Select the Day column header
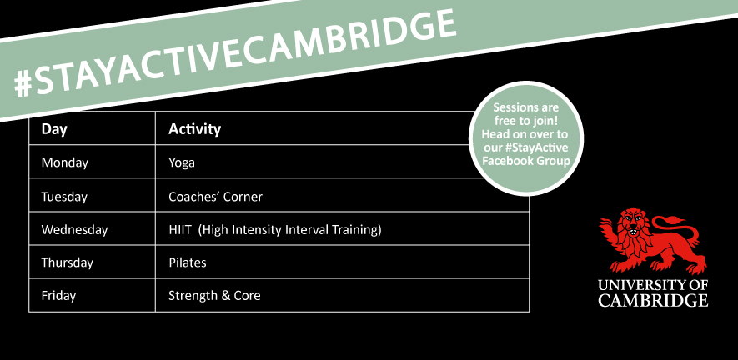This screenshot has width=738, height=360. click(54, 129)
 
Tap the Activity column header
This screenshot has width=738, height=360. click(194, 129)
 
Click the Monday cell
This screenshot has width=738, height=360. click(64, 162)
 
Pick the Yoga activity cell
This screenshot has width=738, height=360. click(182, 163)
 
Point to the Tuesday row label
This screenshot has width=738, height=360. click(64, 196)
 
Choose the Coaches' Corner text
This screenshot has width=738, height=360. click(216, 196)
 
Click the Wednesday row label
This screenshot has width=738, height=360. click(74, 230)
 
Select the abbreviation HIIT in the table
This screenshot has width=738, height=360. click(178, 230)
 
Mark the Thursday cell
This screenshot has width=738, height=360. click(68, 262)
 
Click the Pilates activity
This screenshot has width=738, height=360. click(188, 262)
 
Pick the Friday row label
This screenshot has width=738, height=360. click(58, 296)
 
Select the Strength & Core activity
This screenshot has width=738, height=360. click(214, 296)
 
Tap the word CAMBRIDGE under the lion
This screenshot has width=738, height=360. click(653, 300)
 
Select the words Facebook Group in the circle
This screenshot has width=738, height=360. click(526, 161)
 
